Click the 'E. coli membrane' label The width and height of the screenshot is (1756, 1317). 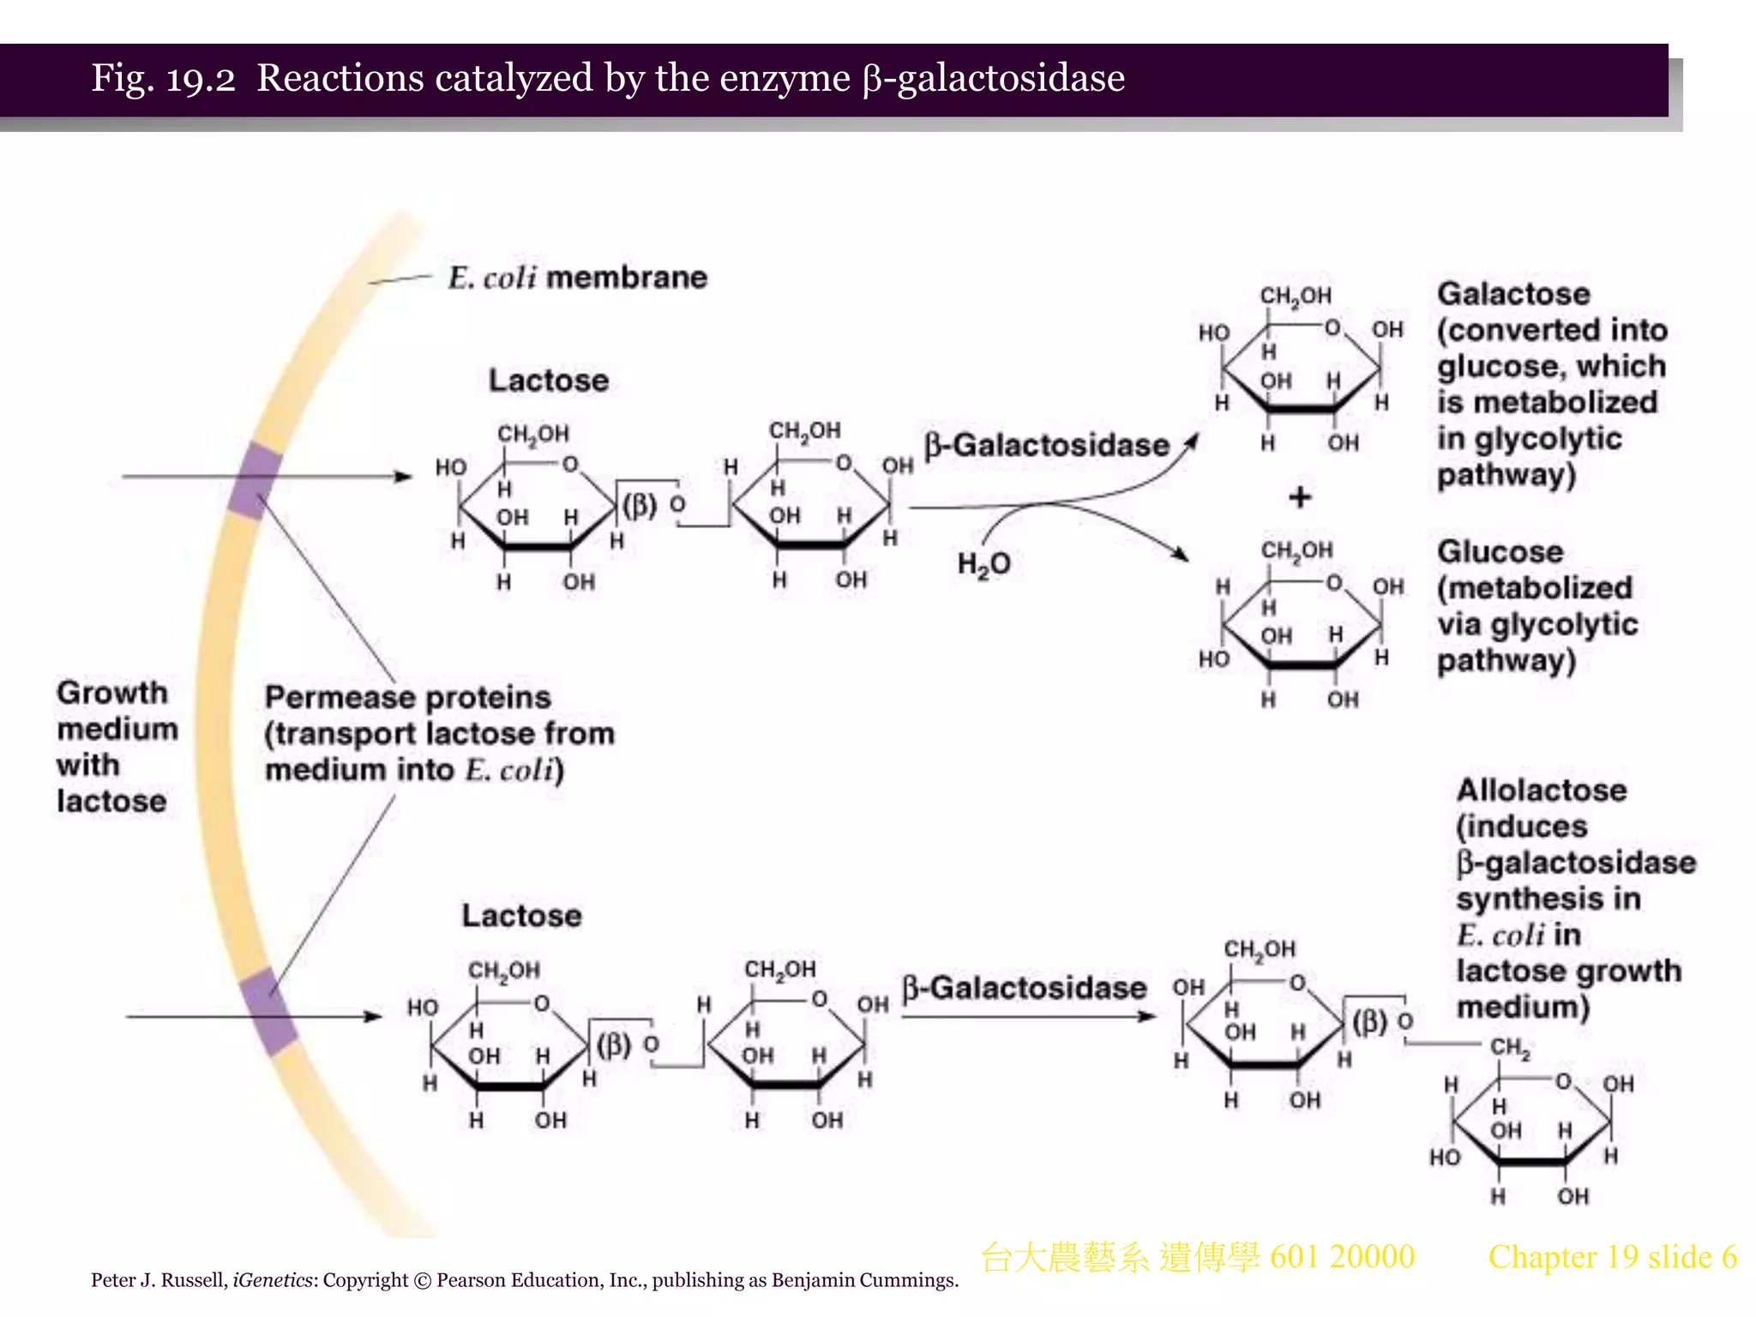coord(577,278)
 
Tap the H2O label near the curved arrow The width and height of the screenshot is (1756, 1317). coord(983,564)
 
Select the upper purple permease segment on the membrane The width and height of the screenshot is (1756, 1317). coord(255,480)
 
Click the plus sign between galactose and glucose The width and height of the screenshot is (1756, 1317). coord(1300,497)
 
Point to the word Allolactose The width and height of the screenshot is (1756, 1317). coord(1541,790)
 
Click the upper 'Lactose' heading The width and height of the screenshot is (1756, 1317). coord(549,380)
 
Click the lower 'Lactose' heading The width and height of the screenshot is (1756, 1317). coord(521,915)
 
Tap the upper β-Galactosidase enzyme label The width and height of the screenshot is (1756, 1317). coord(1046,445)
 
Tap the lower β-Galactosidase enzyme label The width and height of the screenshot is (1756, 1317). coord(1024,988)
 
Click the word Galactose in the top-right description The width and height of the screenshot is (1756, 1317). coord(1513,294)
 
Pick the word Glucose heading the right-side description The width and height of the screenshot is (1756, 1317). coord(1500,551)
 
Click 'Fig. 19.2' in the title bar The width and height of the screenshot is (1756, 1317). coord(163,78)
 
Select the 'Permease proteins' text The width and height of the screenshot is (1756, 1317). coord(407,697)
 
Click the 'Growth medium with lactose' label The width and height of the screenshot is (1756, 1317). coord(116,746)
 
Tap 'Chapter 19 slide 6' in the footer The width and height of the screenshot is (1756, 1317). coord(1612,1257)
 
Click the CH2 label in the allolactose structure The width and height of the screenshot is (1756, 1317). coord(1510,1048)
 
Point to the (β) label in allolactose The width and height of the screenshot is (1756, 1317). coord(1369,1021)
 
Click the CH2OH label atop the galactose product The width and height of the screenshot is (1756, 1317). coord(1295,296)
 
